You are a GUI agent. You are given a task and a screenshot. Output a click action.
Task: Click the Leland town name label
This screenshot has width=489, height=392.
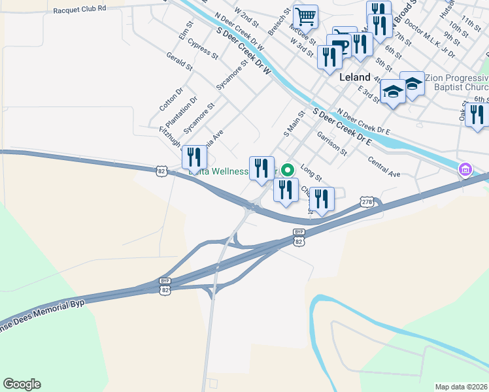tap(356, 77)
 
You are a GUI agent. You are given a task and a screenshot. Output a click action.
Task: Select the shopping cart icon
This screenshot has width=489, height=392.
tap(305, 16)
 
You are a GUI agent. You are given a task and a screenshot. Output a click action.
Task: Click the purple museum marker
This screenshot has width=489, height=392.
tap(465, 171)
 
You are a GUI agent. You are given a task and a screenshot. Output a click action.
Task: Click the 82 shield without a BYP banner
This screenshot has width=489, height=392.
tap(162, 171)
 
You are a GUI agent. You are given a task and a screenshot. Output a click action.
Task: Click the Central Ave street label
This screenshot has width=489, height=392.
tap(384, 167)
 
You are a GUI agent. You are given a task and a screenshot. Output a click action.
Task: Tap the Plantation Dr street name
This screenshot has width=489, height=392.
tap(181, 112)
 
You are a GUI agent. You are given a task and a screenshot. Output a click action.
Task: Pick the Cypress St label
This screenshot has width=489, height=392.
tap(202, 48)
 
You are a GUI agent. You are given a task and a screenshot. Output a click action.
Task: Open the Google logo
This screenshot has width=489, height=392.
tap(22, 384)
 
